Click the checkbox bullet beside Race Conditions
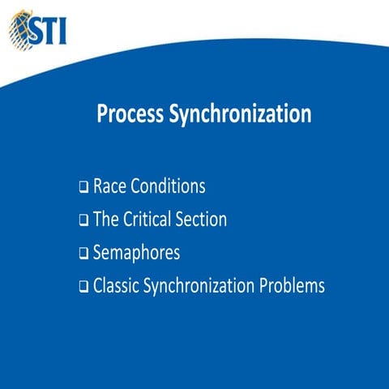pyautogui.click(x=83, y=188)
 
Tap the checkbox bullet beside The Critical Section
pyautogui.click(x=83, y=221)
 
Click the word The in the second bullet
pyautogui.click(x=107, y=220)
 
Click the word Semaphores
pyautogui.click(x=136, y=253)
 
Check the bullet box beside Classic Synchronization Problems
pyautogui.click(x=83, y=288)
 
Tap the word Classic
pyautogui.click(x=116, y=286)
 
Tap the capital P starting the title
pyautogui.click(x=102, y=114)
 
